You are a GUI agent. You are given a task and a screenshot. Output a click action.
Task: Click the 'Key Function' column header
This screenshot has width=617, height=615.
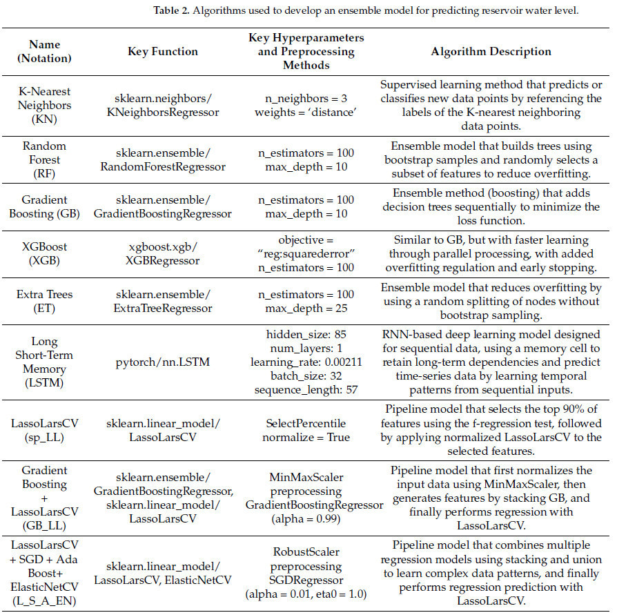tap(163, 52)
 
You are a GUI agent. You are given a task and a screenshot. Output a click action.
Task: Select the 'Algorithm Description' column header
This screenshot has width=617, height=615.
tap(491, 52)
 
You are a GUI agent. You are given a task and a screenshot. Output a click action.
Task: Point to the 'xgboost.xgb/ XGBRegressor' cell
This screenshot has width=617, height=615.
tap(163, 251)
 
